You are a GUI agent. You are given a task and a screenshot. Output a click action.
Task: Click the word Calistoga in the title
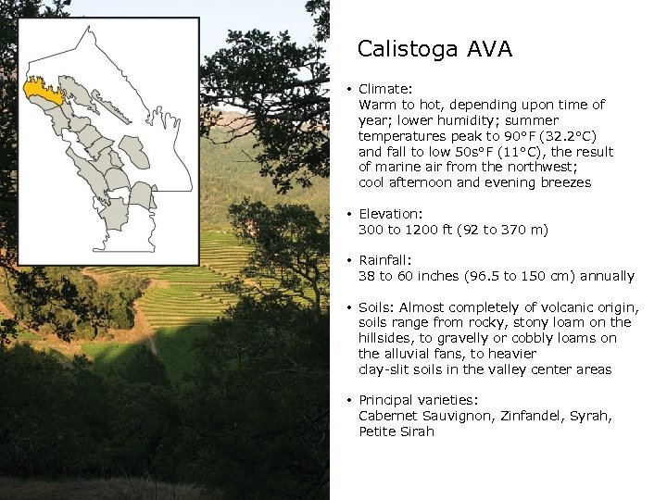(402, 49)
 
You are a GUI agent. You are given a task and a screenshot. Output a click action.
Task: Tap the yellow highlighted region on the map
(43, 91)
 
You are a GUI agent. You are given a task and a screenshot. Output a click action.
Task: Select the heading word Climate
(384, 89)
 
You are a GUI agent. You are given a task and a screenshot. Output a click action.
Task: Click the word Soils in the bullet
(375, 307)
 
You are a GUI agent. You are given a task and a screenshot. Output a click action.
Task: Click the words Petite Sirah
(396, 431)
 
